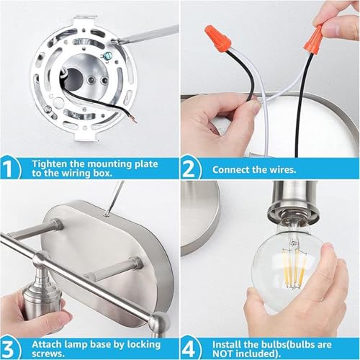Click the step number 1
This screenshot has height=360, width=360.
(8, 168)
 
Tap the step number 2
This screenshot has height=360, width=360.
(189, 168)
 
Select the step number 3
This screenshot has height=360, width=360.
(8, 349)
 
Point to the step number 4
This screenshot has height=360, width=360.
(189, 349)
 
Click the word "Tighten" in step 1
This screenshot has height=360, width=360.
(50, 165)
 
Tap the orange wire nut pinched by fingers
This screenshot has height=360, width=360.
(314, 38)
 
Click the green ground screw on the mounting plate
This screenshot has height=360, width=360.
(106, 57)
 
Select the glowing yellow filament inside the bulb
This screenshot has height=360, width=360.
(294, 268)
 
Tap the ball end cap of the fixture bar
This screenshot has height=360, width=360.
(158, 322)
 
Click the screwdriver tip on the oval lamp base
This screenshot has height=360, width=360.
(106, 214)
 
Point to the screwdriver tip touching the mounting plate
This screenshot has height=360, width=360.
(116, 41)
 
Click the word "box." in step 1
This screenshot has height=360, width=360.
(103, 173)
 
